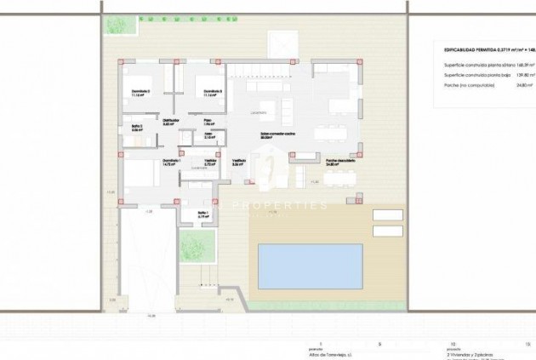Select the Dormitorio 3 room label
[x=140, y=91]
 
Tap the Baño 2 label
[x=136, y=127]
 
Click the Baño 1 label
[x=203, y=213]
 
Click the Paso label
[x=207, y=120]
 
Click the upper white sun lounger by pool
[x=387, y=214]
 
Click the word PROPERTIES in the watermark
[x=280, y=206]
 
